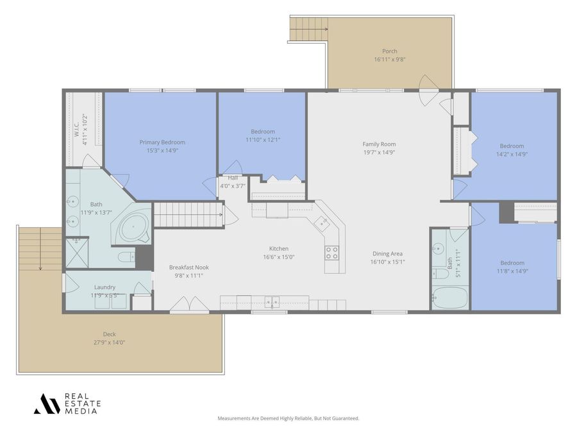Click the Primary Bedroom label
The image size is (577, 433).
162,142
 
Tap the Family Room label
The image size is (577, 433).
379,144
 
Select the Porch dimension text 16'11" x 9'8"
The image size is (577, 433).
390,60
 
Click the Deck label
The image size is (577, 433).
110,334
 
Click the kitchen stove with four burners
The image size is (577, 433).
331,253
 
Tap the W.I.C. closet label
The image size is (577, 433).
76,128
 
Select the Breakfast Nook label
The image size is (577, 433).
188,267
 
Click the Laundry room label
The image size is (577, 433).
105,287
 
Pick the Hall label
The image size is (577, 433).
233,178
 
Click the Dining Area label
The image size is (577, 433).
387,253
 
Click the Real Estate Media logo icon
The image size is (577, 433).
47,403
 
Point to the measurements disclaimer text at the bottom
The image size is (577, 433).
288,418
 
